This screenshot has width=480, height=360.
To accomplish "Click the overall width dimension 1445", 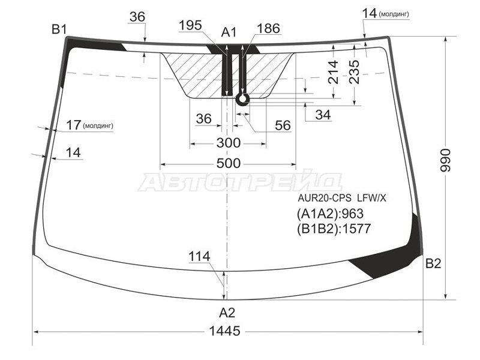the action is [x=224, y=331].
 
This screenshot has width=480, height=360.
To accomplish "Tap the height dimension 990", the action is [x=445, y=160].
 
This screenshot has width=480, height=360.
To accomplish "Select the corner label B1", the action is [x=59, y=29].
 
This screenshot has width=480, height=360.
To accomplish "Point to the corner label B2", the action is [x=433, y=263].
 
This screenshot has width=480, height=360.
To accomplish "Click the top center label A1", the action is [x=229, y=32].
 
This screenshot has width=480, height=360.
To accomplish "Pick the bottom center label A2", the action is [x=227, y=313].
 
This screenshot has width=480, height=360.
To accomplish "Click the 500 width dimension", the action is [x=229, y=163].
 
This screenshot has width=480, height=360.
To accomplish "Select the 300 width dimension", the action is [x=229, y=143].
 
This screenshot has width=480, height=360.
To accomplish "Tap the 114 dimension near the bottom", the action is [x=199, y=257].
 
